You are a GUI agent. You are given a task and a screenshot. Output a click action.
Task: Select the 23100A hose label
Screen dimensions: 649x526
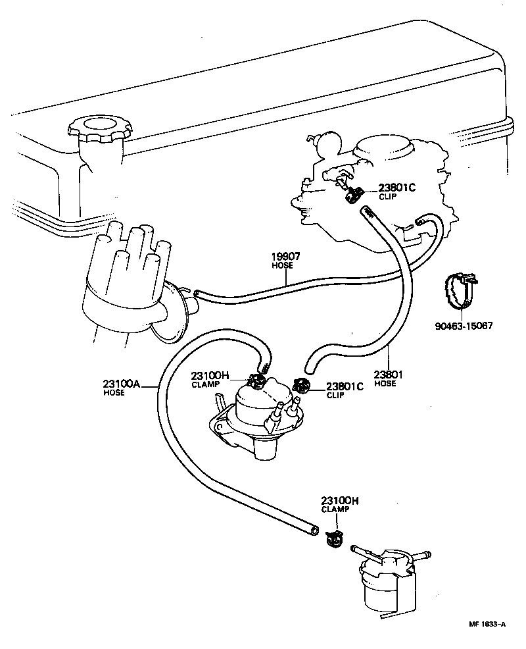pos(122,384)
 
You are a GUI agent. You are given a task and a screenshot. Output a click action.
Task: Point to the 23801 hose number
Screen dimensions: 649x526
pos(387,375)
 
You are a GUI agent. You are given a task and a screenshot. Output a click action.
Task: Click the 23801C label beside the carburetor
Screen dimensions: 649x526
pos(398,188)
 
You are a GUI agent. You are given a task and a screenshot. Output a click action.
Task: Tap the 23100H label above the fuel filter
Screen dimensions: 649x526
pos(340,501)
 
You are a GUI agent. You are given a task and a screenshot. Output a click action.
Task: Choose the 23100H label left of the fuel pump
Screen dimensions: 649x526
pos(210,376)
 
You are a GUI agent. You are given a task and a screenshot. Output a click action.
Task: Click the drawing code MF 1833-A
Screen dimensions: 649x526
pos(487,624)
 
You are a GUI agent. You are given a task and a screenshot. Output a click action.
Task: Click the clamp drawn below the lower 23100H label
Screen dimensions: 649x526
pos(334,538)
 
